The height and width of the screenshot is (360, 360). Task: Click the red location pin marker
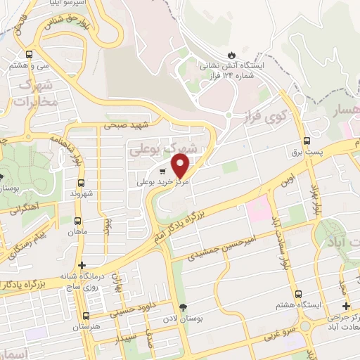181,166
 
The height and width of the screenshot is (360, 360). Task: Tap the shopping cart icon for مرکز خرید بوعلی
163,171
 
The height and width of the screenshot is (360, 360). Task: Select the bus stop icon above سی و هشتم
29,54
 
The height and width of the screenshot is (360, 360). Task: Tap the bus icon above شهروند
78,179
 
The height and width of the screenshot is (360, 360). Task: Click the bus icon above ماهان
77,219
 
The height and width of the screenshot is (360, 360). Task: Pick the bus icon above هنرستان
86,316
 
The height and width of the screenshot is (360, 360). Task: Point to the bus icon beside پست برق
307,140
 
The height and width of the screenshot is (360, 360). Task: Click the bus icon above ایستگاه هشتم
298,294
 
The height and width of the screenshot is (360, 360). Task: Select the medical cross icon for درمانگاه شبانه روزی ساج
82,266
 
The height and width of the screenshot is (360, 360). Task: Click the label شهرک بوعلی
162,150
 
